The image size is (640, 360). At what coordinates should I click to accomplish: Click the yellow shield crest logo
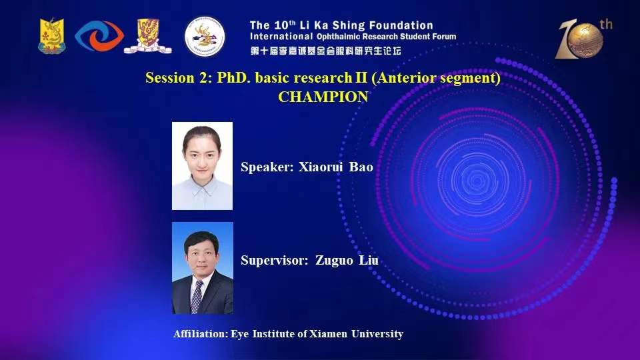52,36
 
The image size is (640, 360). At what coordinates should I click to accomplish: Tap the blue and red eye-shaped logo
99,36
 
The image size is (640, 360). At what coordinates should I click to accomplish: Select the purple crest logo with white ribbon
148,36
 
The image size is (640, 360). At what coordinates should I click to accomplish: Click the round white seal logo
205,36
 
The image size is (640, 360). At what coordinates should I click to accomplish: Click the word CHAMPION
323,97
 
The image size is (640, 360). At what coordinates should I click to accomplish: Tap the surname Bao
361,167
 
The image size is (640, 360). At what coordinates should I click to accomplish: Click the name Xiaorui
321,167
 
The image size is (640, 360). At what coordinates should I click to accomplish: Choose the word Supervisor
274,261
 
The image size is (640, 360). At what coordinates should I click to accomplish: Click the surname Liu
369,260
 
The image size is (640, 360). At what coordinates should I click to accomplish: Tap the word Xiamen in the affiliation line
328,334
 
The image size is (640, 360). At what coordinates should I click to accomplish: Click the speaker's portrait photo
203,166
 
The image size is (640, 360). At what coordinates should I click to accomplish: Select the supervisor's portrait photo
203,268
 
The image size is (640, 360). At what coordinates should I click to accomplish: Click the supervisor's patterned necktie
197,297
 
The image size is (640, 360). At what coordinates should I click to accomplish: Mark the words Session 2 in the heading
179,77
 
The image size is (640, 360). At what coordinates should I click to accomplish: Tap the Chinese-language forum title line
326,51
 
